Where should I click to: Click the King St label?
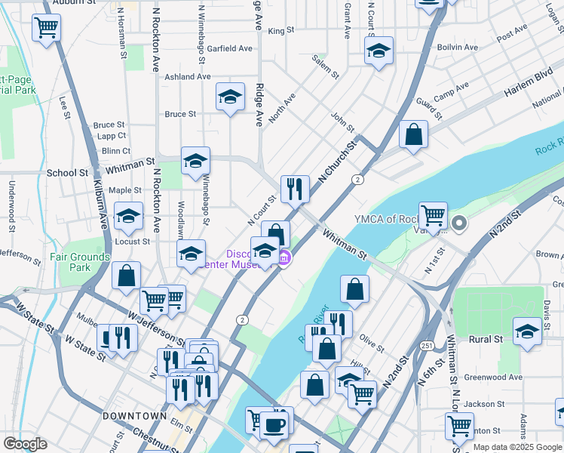point(280,31)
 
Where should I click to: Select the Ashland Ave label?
point(188,76)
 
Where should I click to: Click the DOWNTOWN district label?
point(134,416)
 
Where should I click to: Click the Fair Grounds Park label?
point(80,262)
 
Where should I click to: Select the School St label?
point(68,172)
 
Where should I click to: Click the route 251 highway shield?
point(427,346)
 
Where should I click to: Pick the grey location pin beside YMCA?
point(460,222)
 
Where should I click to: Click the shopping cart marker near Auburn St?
point(47,28)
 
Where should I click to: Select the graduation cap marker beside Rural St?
point(527,331)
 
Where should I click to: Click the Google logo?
point(25,444)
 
